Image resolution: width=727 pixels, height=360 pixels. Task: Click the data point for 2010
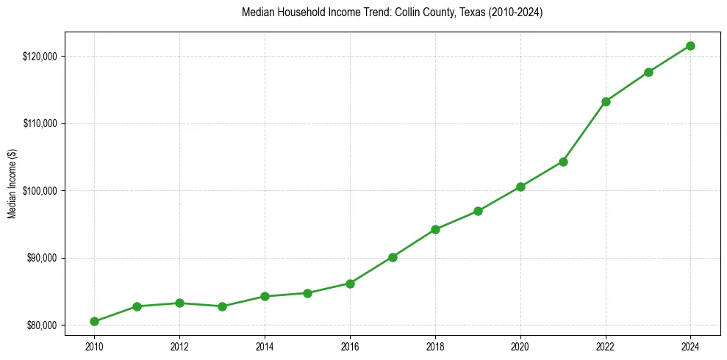[94, 321]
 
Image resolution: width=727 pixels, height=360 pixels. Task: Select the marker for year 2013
[222, 306]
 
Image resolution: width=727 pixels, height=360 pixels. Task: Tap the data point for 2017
[393, 257]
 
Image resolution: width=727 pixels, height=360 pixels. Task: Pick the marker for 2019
[478, 211]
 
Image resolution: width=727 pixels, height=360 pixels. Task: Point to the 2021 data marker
[563, 162]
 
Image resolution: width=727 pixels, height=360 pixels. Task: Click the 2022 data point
[606, 101]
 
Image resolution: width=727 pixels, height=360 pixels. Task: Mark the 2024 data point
[690, 46]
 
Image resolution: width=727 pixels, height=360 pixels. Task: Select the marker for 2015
[307, 293]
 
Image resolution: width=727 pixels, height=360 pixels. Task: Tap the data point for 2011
[137, 306]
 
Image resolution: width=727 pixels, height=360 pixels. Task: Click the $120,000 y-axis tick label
[40, 57]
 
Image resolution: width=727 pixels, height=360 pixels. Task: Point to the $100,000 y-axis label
[40, 191]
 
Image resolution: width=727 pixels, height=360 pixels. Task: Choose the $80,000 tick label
[42, 325]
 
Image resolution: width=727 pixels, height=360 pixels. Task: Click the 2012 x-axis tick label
[179, 346]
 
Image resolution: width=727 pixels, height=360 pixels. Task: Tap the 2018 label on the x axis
[435, 346]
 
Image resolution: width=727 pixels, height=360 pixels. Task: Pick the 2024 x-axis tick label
[690, 346]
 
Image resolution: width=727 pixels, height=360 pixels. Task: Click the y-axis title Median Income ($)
[12, 190]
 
